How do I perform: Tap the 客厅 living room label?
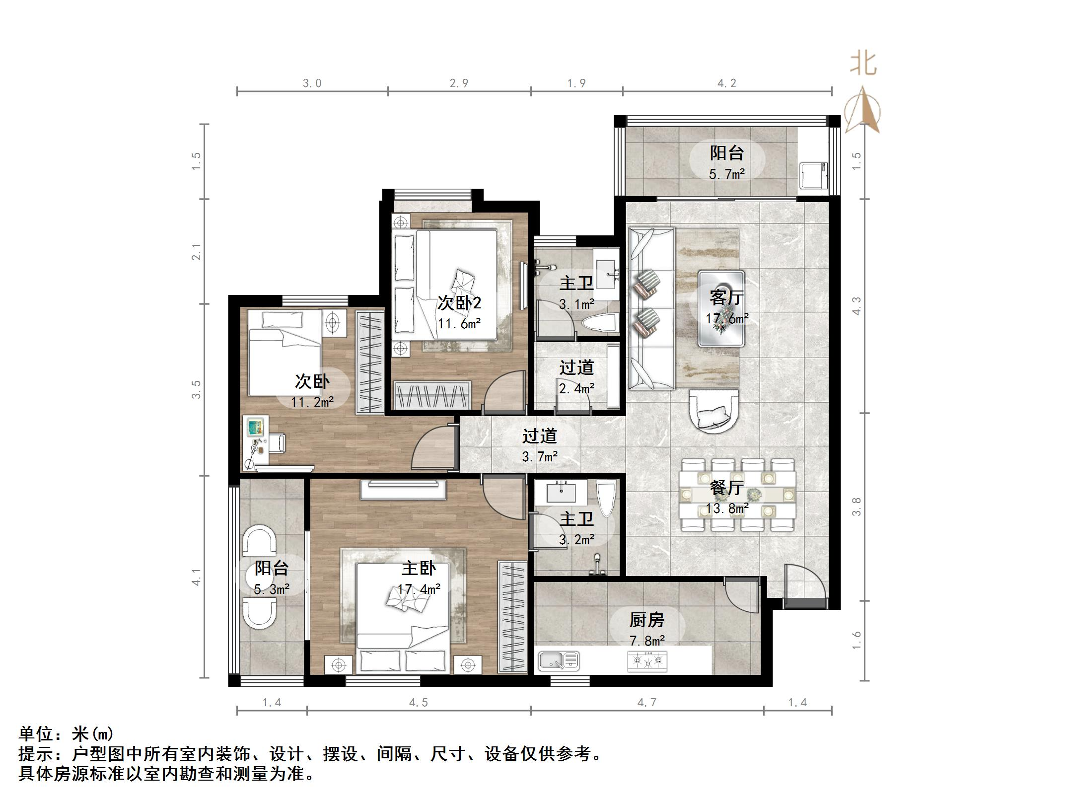[x=726, y=297]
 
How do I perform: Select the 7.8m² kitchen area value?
[x=647, y=641]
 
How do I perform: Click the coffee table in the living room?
[x=721, y=308]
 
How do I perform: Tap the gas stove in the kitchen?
[x=647, y=661]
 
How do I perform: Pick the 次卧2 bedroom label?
[x=459, y=302]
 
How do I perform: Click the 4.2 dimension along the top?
[x=727, y=83]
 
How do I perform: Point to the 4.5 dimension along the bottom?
[x=418, y=702]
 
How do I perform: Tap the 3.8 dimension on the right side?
[x=856, y=507]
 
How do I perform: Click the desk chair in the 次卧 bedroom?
[x=277, y=442]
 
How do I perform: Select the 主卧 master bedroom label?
[x=419, y=568]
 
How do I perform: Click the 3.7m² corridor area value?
[x=540, y=456]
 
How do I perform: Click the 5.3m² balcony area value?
[x=272, y=589]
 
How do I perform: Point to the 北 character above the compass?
[x=863, y=64]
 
